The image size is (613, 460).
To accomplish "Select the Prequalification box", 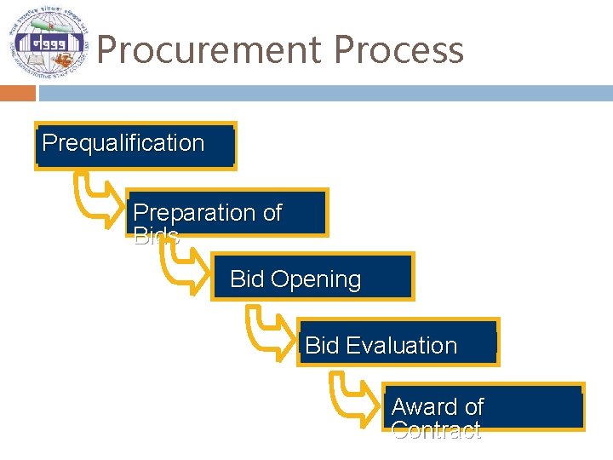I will pyautogui.click(x=135, y=146).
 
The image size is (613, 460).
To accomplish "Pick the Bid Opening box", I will pyautogui.click(x=312, y=277).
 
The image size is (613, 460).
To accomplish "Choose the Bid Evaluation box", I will pyautogui.click(x=398, y=342).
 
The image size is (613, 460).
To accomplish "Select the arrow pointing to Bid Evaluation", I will pyautogui.click(x=269, y=331).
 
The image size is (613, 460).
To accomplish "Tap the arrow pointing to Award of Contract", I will pyautogui.click(x=353, y=397).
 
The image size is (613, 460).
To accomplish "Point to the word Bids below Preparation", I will pyautogui.click(x=157, y=237).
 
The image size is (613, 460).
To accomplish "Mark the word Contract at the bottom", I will pyautogui.click(x=436, y=430).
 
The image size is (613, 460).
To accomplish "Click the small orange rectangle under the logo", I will pyautogui.click(x=17, y=93).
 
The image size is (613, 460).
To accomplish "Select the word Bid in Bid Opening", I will pyautogui.click(x=247, y=279).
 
